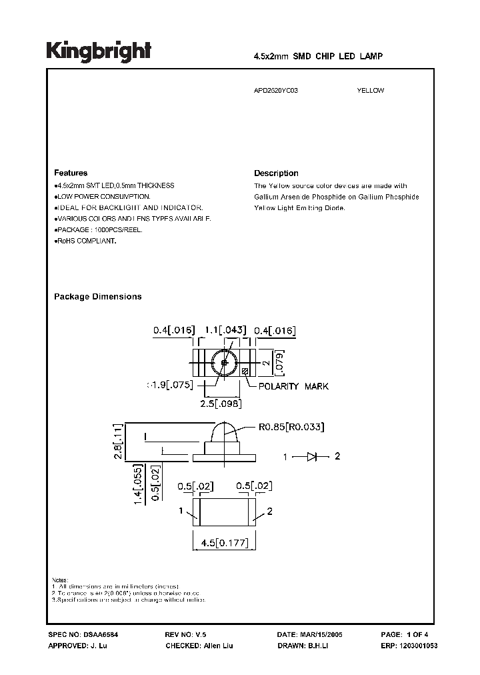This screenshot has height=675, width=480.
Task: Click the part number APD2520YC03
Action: click(x=276, y=91)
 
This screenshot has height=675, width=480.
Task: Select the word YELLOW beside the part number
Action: click(x=371, y=91)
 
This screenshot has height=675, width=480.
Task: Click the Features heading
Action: click(x=71, y=173)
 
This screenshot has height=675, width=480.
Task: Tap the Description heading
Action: click(x=276, y=173)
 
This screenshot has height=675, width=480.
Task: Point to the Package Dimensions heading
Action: click(x=97, y=297)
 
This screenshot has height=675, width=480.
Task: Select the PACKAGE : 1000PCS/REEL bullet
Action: click(x=99, y=229)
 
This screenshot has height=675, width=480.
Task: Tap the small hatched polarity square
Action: click(x=245, y=372)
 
